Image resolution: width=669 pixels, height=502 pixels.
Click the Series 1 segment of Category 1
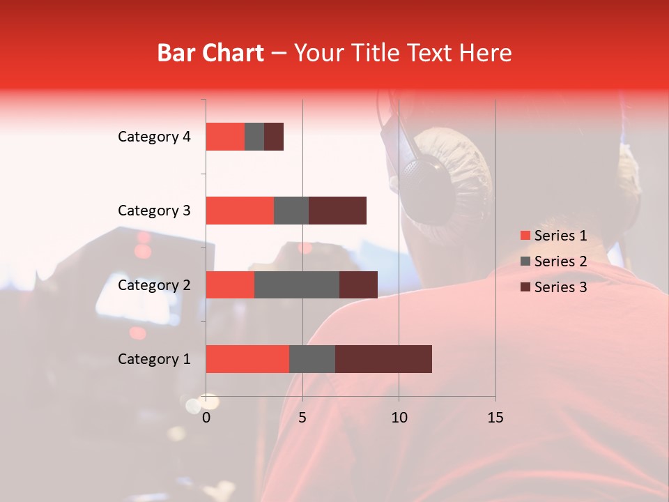[x=247, y=359]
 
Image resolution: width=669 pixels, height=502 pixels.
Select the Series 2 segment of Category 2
[x=297, y=284]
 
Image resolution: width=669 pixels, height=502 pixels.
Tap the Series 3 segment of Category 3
[x=337, y=211]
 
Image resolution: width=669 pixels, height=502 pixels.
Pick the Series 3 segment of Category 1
[x=383, y=359]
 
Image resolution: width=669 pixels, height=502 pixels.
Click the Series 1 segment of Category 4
[x=225, y=137]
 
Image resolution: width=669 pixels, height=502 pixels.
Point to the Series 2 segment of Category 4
[x=254, y=137]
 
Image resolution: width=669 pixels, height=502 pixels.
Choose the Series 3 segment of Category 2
[x=358, y=284]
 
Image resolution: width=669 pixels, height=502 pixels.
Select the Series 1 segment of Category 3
[x=240, y=211]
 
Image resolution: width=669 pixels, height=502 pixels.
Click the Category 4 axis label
[x=154, y=137]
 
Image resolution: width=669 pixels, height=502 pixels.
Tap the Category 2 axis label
[x=154, y=285]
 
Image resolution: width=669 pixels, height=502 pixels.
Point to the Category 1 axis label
[x=154, y=359]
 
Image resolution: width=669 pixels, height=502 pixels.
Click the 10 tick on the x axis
[x=399, y=418]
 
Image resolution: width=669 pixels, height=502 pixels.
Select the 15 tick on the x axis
[x=495, y=418]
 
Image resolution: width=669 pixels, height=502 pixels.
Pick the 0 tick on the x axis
[x=206, y=418]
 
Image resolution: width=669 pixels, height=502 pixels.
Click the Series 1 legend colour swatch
[x=525, y=236]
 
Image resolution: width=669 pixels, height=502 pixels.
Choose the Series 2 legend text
[x=561, y=261]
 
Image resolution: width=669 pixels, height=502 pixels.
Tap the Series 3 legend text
[x=561, y=287]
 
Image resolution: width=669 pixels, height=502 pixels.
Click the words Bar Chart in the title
[x=210, y=53]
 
